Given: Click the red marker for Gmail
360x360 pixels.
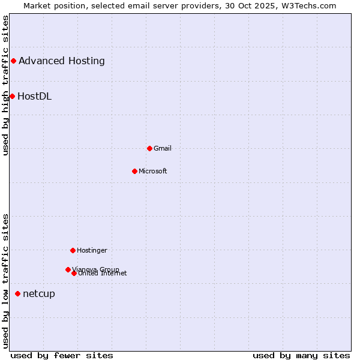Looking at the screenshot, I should (x=149, y=148).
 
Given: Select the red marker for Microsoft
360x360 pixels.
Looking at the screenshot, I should (x=134, y=171).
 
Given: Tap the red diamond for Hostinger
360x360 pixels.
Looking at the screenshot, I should (x=73, y=250).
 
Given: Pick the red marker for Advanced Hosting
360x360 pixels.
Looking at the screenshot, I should (x=13, y=61).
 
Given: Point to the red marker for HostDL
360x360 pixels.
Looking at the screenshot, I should (x=12, y=96).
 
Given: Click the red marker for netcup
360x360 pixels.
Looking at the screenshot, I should (x=17, y=293).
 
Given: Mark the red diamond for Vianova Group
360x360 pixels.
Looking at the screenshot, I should (x=68, y=269).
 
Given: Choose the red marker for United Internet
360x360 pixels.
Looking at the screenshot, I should (x=74, y=273).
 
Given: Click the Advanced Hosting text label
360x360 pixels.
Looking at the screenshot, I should (x=62, y=61).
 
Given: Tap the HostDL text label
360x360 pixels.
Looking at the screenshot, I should (x=35, y=96).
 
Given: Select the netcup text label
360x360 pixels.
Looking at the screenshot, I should (x=39, y=293).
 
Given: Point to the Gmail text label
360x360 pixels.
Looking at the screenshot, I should (x=163, y=148).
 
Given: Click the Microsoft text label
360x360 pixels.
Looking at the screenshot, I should (x=153, y=171).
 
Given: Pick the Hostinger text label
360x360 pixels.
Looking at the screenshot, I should (x=92, y=250).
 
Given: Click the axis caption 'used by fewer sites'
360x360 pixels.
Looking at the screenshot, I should (x=62, y=355).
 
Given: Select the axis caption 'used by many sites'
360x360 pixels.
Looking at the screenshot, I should (x=301, y=355).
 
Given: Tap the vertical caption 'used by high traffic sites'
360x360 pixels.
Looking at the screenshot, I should (x=5, y=85).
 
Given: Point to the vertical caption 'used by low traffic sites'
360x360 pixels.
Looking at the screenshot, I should (x=5, y=281).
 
